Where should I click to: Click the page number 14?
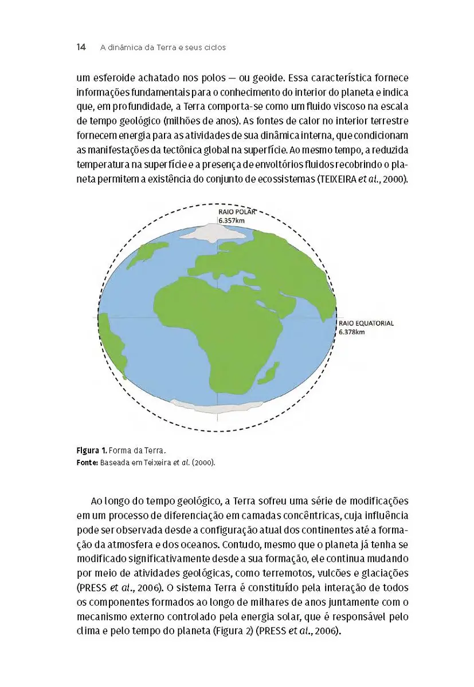click(x=81, y=48)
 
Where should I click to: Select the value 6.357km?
click(x=232, y=219)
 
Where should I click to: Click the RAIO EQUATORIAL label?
click(x=366, y=323)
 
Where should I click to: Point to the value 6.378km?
click(x=351, y=331)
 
